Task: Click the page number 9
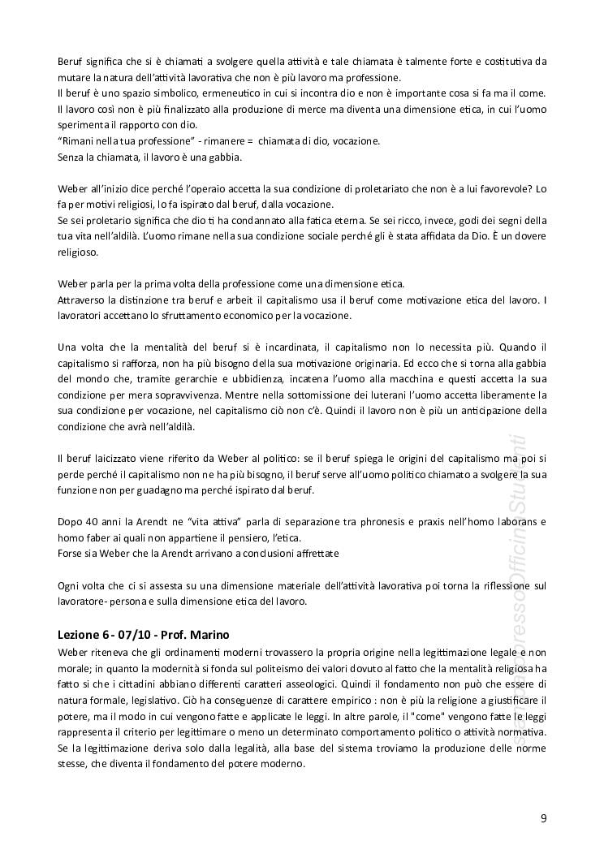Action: pos(543,817)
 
